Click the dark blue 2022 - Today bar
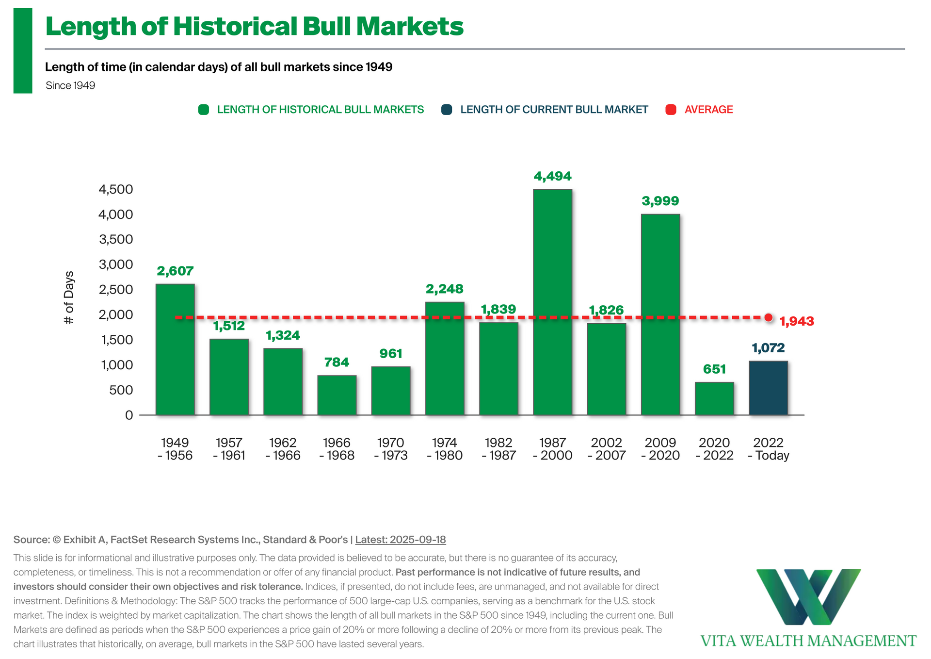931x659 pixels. coord(768,388)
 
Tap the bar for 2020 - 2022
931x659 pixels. coord(714,398)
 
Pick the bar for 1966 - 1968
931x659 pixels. coord(337,395)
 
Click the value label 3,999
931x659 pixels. coord(660,201)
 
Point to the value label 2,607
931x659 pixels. coord(175,271)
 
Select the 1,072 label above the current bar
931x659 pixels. coord(768,347)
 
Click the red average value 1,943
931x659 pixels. coord(796,321)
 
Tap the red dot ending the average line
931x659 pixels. coord(769,317)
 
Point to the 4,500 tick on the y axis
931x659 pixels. coord(116,189)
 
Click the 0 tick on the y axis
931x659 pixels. coord(129,415)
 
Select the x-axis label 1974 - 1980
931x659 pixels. coord(445,449)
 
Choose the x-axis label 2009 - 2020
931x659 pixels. coord(660,449)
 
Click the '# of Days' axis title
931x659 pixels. coord(69,297)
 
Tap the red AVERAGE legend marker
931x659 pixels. coord(671,110)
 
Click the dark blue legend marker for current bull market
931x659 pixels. coord(447,110)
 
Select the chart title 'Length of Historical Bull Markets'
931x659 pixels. coord(255,27)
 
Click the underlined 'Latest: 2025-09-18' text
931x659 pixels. coord(401,540)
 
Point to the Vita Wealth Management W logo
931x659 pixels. coord(808,596)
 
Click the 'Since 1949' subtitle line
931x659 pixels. coord(70,85)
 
